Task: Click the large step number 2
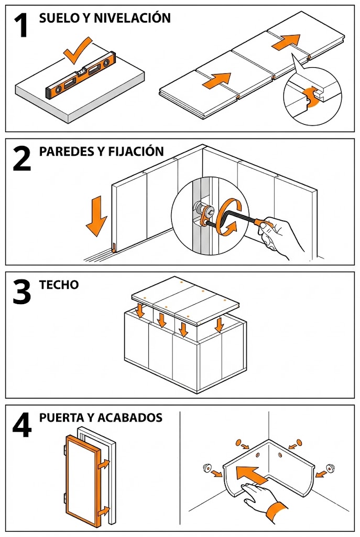coord(22,159)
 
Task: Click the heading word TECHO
coord(59,285)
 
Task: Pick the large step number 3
coord(22,293)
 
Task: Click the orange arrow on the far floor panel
coord(286,41)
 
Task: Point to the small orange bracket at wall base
coord(113,247)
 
